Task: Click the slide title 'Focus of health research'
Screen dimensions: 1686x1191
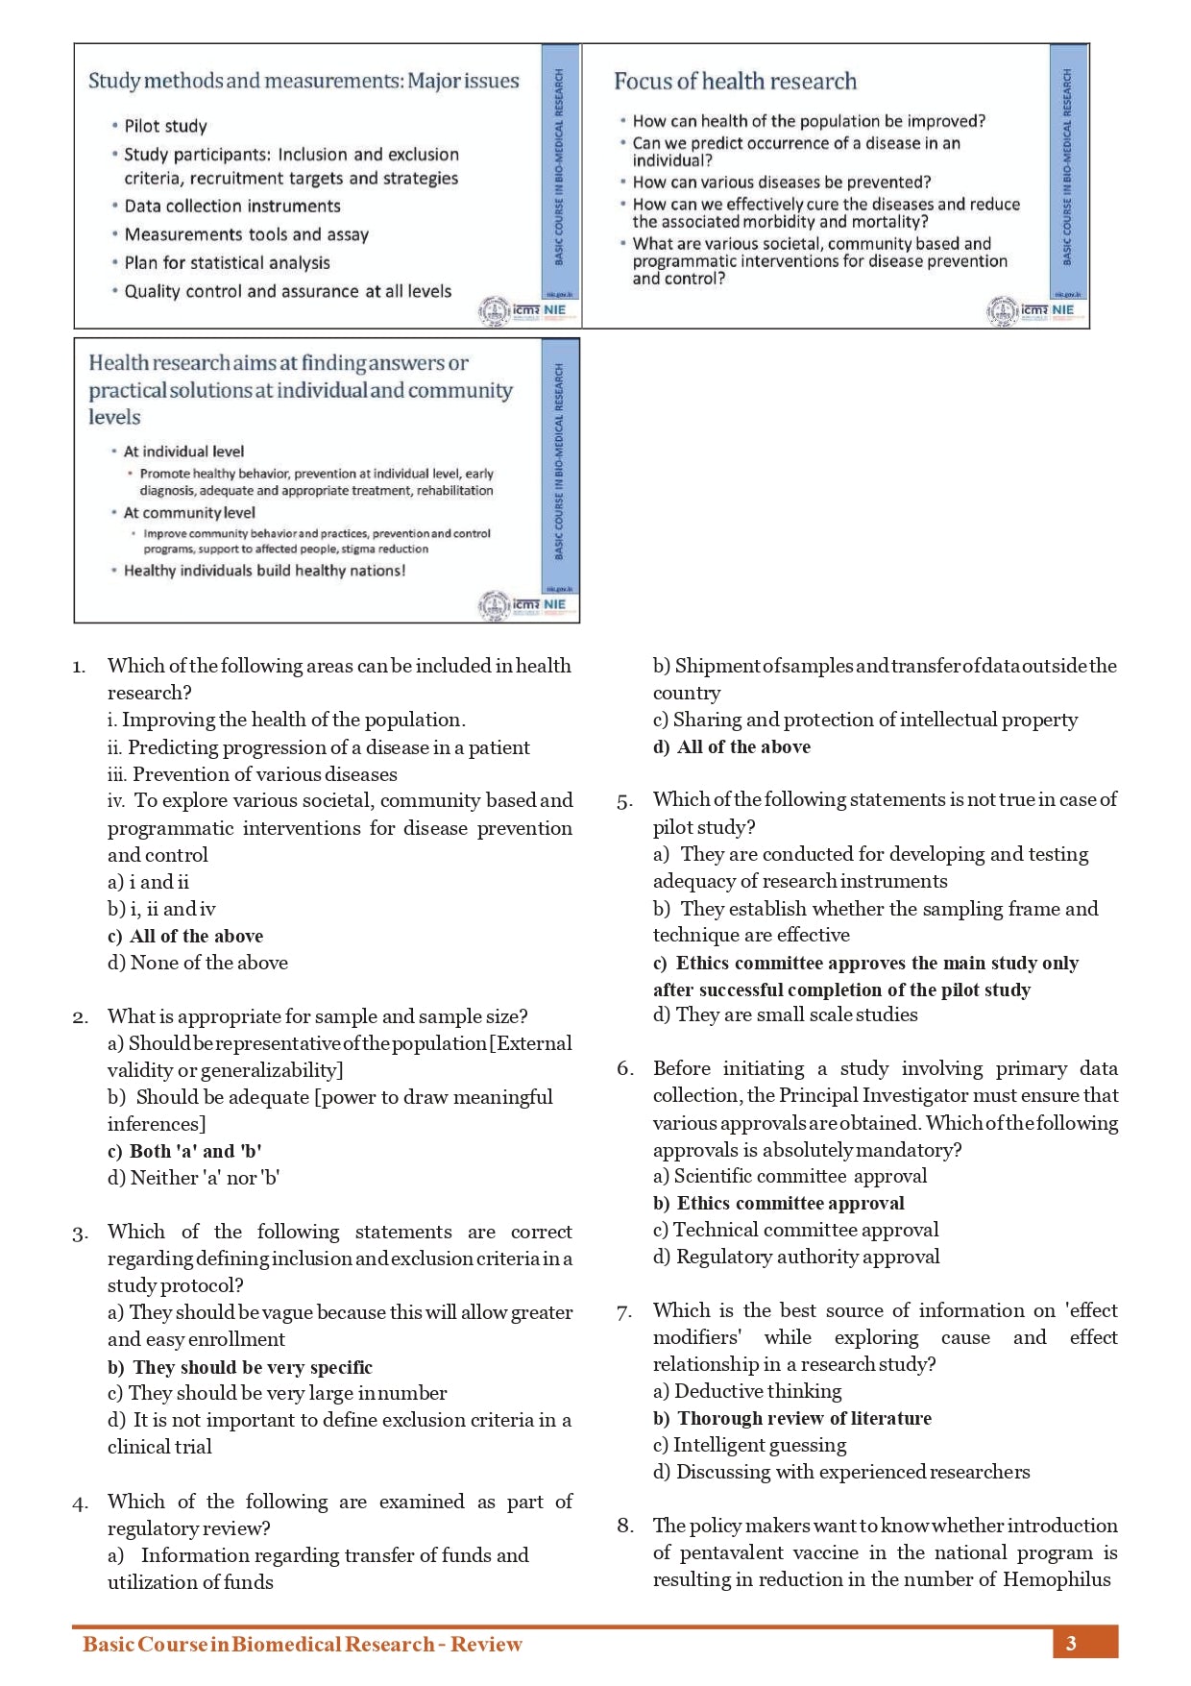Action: point(735,82)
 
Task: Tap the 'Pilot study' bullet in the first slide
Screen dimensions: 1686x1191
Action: point(165,126)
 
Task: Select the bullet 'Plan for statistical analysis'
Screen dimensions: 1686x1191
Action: point(227,263)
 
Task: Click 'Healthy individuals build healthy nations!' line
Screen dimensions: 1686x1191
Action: point(264,571)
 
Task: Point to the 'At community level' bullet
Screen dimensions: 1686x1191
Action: point(189,513)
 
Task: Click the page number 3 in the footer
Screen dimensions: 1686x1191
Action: point(1071,1644)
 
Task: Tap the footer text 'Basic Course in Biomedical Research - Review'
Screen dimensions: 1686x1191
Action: point(303,1645)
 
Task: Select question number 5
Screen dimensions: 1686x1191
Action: point(624,801)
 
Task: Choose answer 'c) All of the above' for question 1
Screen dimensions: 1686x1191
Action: point(185,937)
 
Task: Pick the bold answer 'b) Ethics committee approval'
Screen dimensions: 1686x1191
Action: point(779,1204)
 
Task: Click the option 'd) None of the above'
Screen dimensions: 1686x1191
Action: point(198,963)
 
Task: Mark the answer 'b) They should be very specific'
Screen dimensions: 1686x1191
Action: point(240,1367)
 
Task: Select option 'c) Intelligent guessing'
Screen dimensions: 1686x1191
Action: point(750,1446)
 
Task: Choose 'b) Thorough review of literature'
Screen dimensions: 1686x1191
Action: point(792,1419)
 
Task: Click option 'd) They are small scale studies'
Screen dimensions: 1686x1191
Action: point(786,1015)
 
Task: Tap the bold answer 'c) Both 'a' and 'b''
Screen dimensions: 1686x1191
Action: point(184,1152)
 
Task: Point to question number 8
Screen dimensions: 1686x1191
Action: point(625,1527)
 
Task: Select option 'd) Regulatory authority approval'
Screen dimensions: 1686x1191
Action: point(796,1258)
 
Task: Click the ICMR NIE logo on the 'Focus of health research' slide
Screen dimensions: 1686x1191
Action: point(1031,310)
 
